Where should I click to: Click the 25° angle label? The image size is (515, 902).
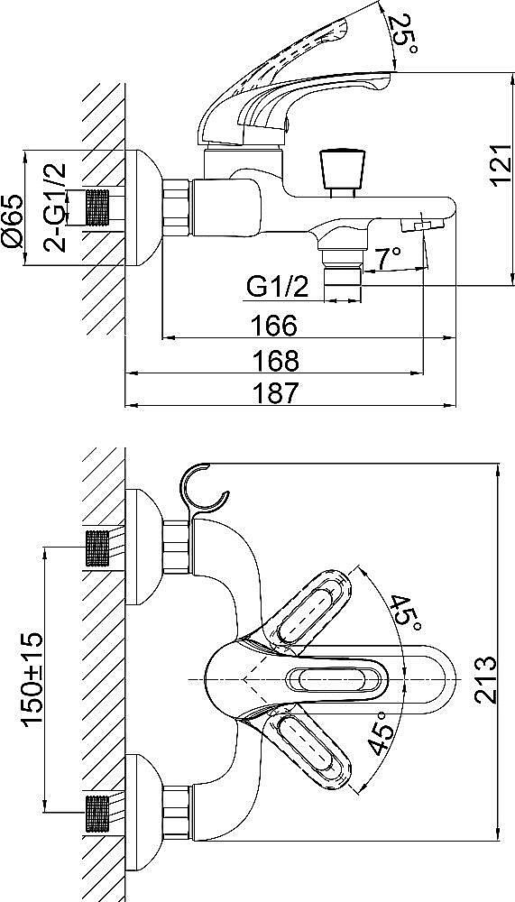(x=403, y=34)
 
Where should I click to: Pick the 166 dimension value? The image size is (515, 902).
(x=273, y=326)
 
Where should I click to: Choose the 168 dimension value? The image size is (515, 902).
(x=276, y=361)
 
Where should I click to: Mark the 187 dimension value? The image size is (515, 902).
(x=276, y=393)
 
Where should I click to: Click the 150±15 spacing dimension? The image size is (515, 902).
(x=32, y=679)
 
